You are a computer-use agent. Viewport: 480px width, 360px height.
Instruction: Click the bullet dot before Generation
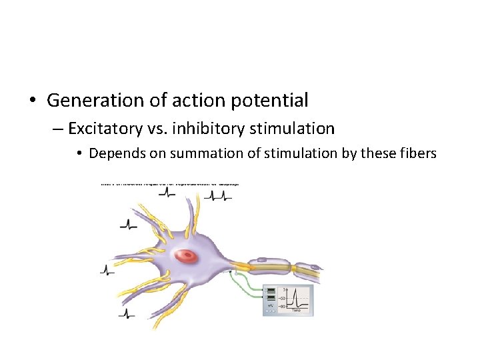(32, 101)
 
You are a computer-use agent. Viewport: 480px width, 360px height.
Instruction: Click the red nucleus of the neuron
(187, 255)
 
